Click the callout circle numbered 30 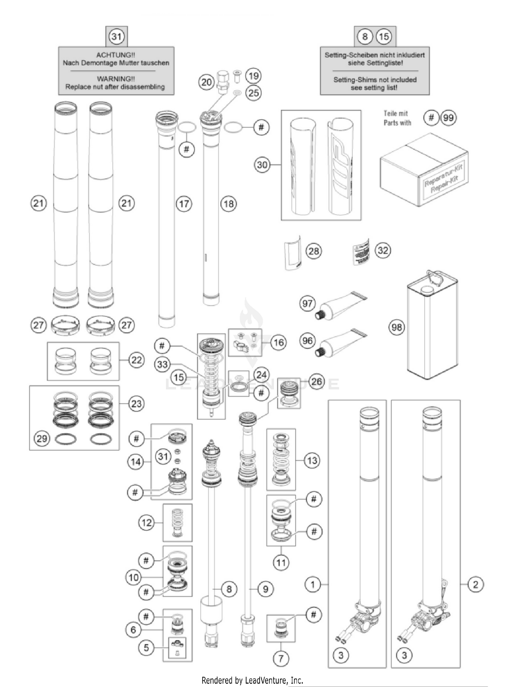click(262, 165)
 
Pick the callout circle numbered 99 click(448, 118)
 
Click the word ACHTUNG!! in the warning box click(115, 55)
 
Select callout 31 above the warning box click(116, 36)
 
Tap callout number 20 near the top click(207, 82)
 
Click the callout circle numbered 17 click(184, 204)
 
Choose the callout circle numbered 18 click(229, 204)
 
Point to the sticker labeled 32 click(361, 252)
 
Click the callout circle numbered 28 click(314, 251)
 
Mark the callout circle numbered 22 click(136, 360)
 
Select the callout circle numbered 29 click(42, 438)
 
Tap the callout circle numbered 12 click(146, 523)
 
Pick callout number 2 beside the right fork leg click(475, 584)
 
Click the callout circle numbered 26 click(316, 382)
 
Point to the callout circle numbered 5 click(146, 648)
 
